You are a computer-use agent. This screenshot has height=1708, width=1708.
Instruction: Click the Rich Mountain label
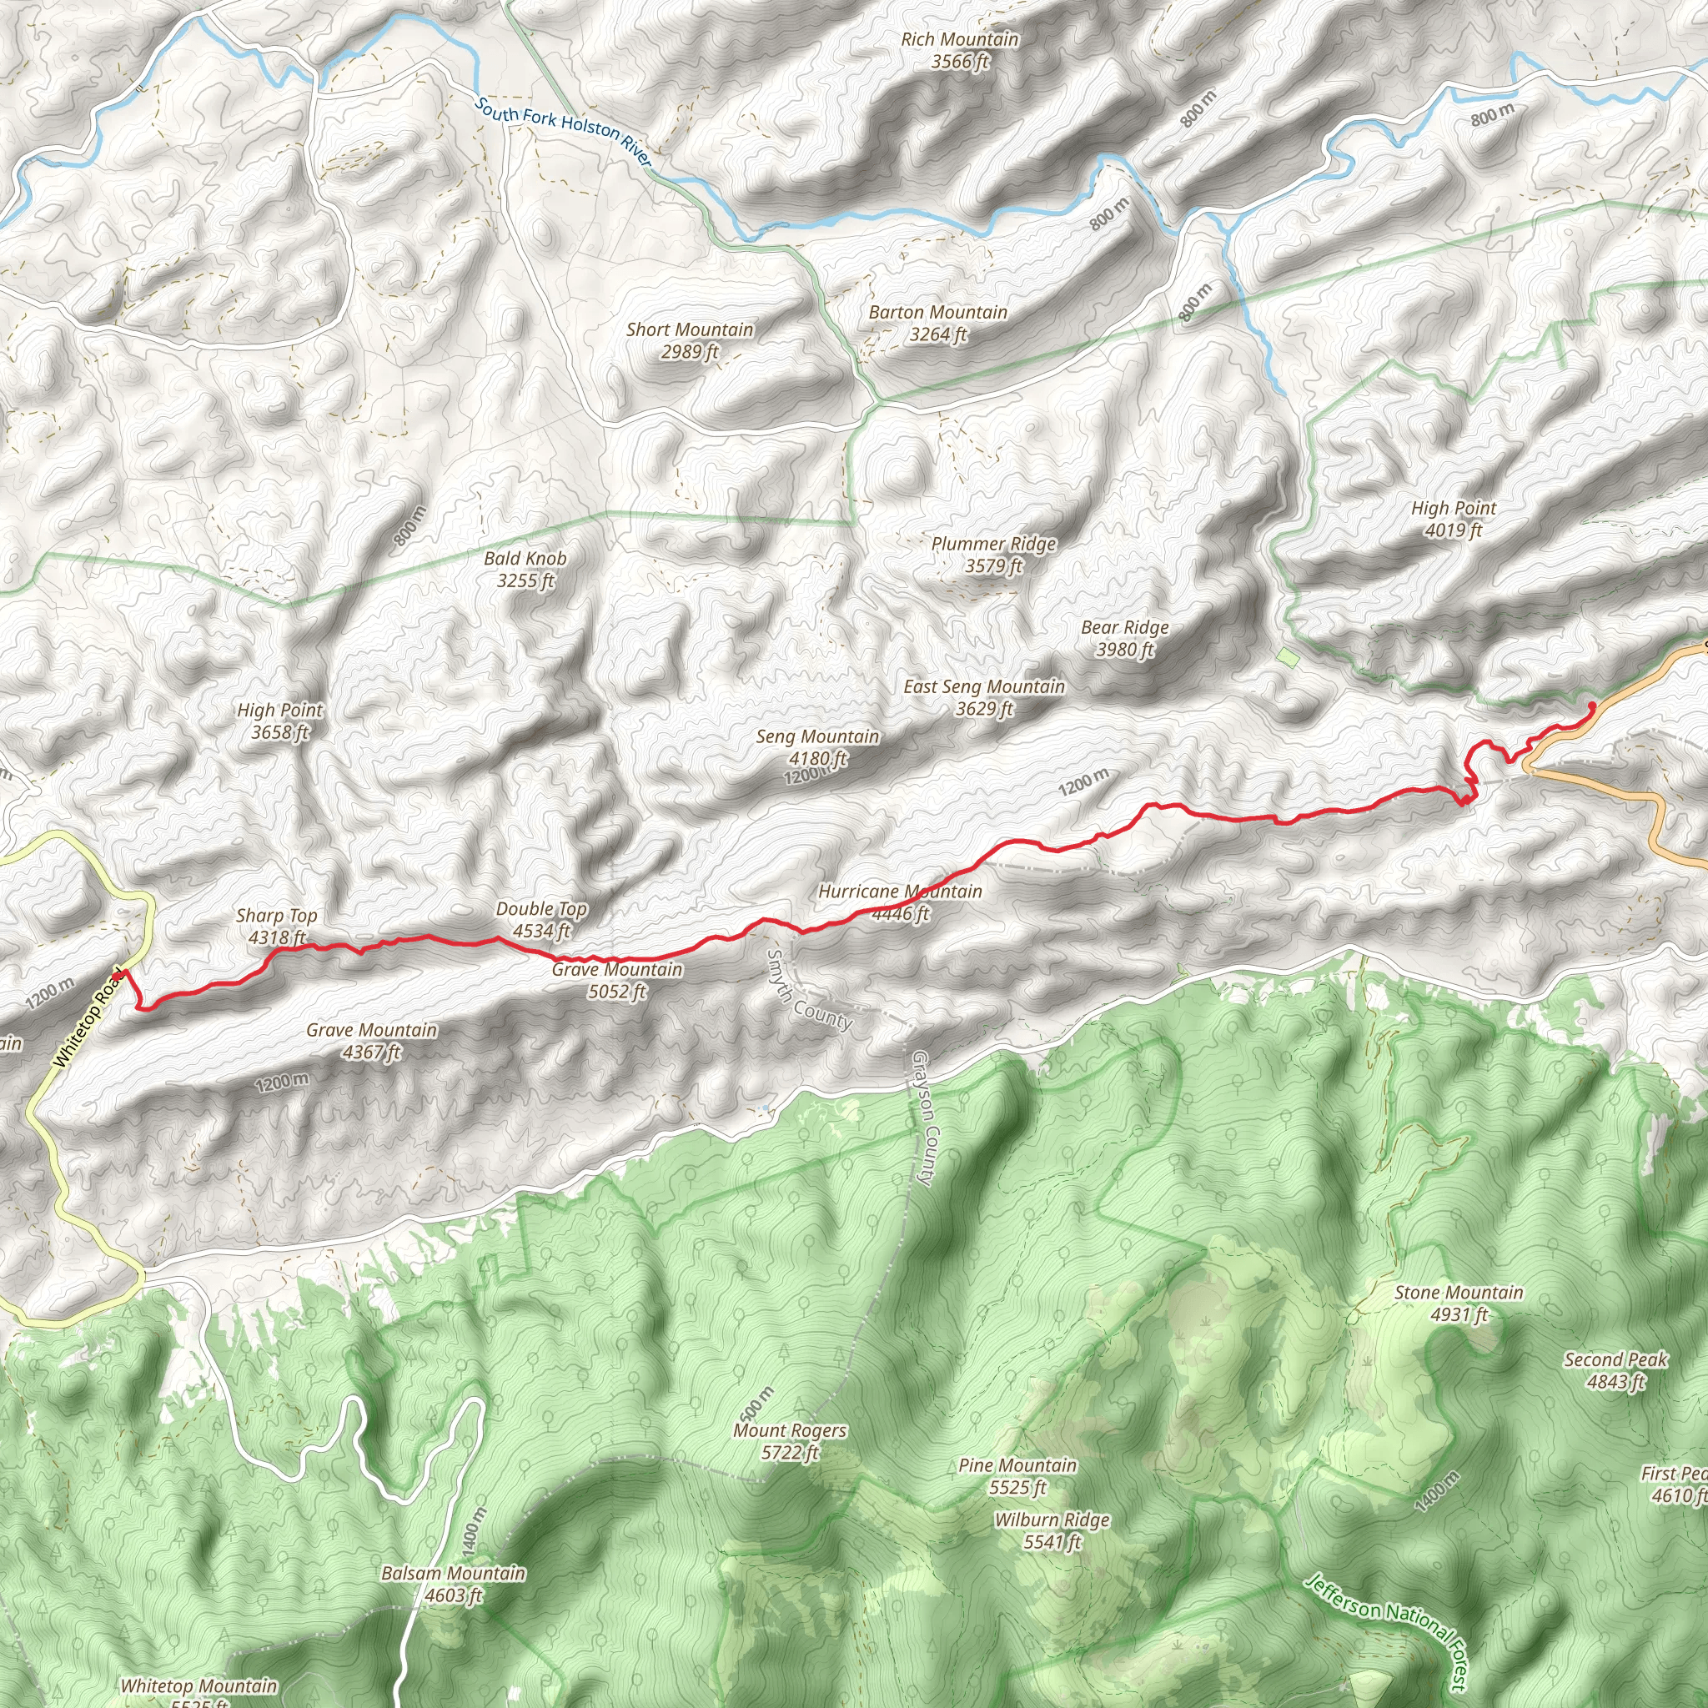[x=959, y=50]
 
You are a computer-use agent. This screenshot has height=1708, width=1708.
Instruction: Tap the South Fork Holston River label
[x=563, y=132]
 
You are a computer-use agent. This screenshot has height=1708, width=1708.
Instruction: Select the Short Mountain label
[x=690, y=340]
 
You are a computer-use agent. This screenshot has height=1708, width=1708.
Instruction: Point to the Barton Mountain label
[x=938, y=323]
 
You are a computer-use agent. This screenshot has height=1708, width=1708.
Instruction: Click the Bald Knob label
[x=525, y=570]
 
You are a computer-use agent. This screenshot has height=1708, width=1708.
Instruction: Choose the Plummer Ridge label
[x=993, y=555]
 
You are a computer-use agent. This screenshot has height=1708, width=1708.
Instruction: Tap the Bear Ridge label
[x=1124, y=638]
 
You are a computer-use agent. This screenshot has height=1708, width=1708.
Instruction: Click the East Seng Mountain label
[x=984, y=697]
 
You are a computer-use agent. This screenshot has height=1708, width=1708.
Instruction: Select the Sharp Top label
[x=277, y=927]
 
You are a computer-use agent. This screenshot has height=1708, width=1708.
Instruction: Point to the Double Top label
[x=541, y=919]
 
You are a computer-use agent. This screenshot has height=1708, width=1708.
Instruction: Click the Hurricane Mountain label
[x=900, y=902]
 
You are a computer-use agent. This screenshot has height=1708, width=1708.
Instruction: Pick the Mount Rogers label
[x=790, y=1441]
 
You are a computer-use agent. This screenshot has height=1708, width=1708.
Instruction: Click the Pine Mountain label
[x=1017, y=1476]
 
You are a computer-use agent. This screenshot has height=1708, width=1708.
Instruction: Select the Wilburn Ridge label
[x=1052, y=1531]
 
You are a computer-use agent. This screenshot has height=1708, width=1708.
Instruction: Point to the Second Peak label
[x=1615, y=1370]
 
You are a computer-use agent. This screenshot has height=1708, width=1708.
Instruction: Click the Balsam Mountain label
[x=453, y=1585]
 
